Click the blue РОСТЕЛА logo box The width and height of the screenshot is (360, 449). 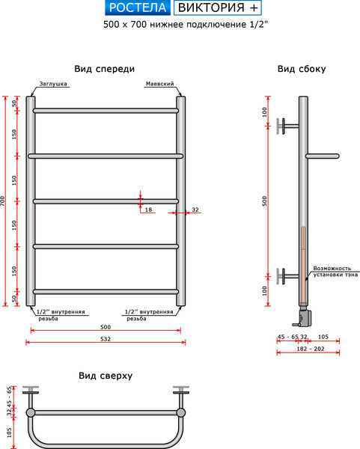tap(137, 8)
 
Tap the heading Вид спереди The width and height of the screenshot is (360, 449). tap(105, 69)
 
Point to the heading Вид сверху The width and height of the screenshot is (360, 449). tap(105, 376)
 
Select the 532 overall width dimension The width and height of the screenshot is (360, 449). tap(105, 337)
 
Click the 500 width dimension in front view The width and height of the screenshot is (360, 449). tap(105, 326)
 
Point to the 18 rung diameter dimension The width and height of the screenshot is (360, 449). tap(148, 210)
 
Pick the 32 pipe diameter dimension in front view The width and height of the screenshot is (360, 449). tap(195, 210)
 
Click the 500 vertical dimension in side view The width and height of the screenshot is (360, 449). tap(264, 201)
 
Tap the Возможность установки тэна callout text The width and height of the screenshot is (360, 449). tap(332, 272)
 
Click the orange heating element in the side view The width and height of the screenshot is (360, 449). tap(302, 262)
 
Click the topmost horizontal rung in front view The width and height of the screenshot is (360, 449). tap(105, 111)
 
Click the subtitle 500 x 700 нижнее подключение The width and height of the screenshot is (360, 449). tap(180, 24)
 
